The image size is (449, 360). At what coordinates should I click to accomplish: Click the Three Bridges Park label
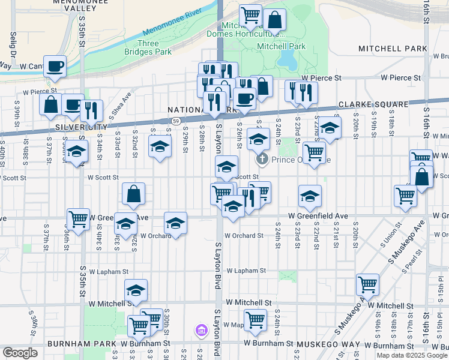tap(148, 48)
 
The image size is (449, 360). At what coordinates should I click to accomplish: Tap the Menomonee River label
tap(171, 23)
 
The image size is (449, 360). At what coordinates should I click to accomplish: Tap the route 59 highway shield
tap(174, 121)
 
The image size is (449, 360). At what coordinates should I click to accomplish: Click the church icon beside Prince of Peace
tap(262, 160)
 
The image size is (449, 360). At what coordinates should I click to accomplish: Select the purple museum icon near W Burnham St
tap(200, 330)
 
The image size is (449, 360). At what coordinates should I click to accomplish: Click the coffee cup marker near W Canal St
tap(55, 67)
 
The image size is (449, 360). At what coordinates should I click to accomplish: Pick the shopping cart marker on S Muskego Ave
tap(367, 285)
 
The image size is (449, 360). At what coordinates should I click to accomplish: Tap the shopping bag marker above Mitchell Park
tap(274, 20)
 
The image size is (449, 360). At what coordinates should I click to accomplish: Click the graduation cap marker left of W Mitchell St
tap(136, 290)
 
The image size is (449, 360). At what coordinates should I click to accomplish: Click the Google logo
tap(20, 353)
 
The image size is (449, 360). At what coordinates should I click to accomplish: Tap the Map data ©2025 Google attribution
tap(412, 355)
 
